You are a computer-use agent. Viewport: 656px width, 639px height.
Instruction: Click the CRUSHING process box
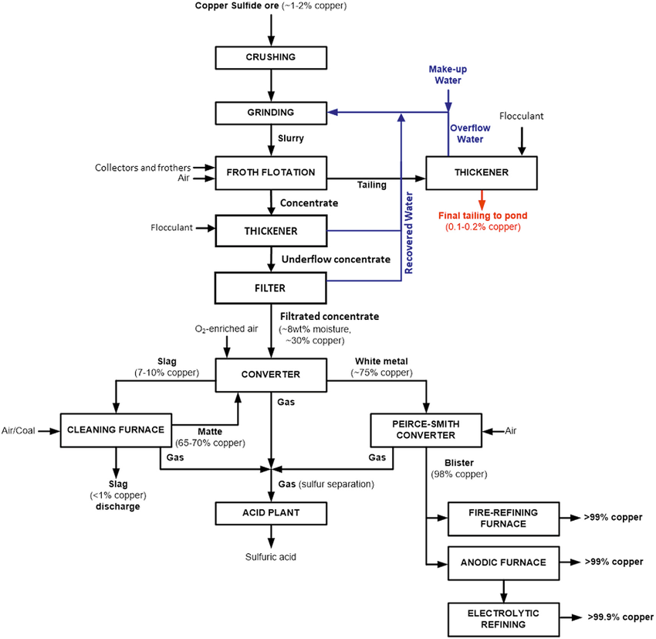click(x=271, y=57)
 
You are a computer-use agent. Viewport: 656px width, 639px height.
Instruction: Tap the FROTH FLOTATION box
click(x=271, y=172)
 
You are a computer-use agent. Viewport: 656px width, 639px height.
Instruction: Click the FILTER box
click(x=271, y=287)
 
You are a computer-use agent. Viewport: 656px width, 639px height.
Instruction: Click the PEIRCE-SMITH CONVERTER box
click(x=426, y=430)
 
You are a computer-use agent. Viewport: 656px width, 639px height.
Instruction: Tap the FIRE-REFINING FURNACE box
click(x=502, y=518)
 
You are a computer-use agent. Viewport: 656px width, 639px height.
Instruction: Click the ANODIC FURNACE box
click(x=502, y=563)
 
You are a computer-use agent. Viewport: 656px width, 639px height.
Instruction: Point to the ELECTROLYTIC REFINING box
click(x=502, y=618)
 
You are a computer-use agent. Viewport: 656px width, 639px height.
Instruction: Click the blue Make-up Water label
click(x=448, y=74)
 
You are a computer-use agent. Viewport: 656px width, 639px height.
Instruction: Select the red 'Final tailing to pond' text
click(x=482, y=217)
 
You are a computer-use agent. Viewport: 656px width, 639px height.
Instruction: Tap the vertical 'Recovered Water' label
click(x=410, y=233)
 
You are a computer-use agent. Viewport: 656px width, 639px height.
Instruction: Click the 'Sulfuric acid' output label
click(x=271, y=556)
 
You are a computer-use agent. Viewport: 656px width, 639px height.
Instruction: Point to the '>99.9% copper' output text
click(x=614, y=618)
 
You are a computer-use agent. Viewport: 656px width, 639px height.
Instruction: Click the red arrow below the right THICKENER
click(x=482, y=199)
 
